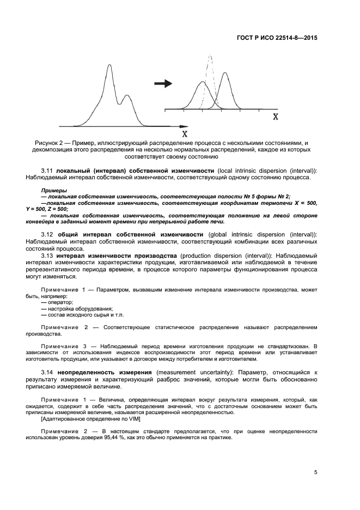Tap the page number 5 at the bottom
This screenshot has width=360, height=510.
315,472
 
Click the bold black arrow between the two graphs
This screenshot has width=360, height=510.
163,83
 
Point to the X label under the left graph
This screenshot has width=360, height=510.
185,133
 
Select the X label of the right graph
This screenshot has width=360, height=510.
276,117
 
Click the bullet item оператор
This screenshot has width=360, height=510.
60,302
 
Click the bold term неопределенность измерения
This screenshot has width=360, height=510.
103,372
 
